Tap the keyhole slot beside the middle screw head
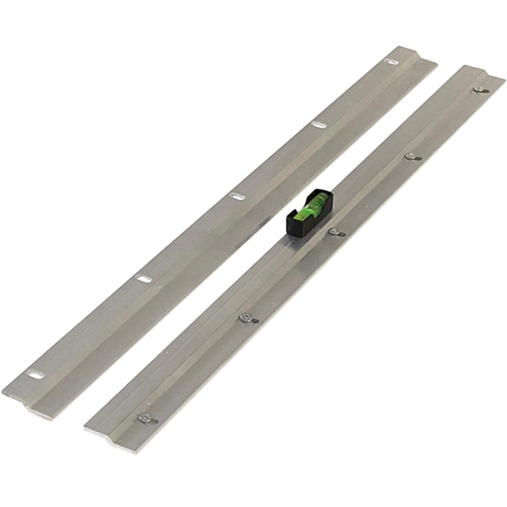click(341, 234)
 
